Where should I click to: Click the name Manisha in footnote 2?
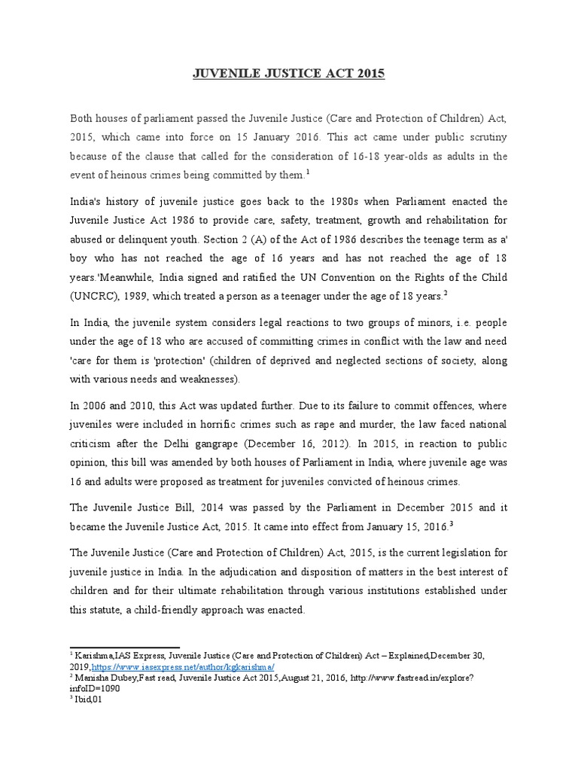[x=92, y=677]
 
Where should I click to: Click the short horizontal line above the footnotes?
[x=125, y=647]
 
